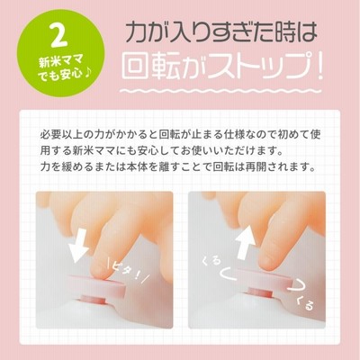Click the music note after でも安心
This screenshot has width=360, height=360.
pyautogui.click(x=87, y=74)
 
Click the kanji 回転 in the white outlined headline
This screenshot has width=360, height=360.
pyautogui.click(x=152, y=67)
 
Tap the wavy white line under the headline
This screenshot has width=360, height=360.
pyautogui.click(x=220, y=90)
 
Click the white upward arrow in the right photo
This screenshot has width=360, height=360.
pyautogui.click(x=245, y=241)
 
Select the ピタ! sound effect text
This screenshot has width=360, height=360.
pyautogui.click(x=126, y=272)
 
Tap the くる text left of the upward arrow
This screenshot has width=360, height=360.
pyautogui.click(x=211, y=261)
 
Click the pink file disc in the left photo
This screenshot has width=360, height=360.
pyautogui.click(x=97, y=285)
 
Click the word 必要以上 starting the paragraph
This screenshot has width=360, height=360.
pyautogui.click(x=61, y=134)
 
